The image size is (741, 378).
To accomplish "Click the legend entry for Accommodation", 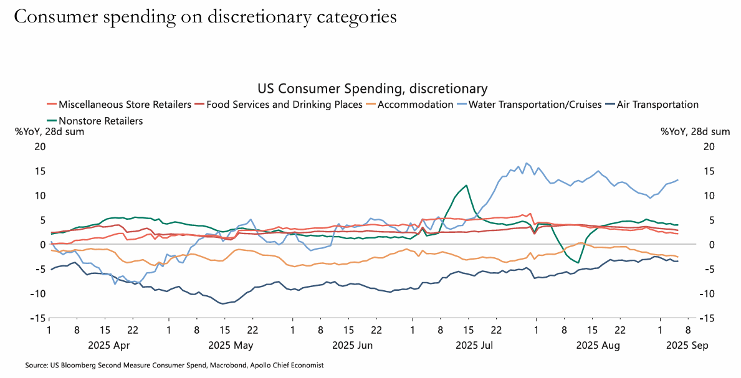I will [x=415, y=105].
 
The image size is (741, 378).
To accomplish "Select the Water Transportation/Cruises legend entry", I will [x=535, y=105].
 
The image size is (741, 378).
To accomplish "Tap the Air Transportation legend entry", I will [x=657, y=105].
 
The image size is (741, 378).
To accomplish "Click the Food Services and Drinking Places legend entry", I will [x=284, y=105].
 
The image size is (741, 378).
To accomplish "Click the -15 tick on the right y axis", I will [x=708, y=318].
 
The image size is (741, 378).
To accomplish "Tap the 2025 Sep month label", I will [x=688, y=344].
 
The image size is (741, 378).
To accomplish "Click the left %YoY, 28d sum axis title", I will [x=50, y=131].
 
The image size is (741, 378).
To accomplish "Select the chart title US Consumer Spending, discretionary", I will [x=372, y=88].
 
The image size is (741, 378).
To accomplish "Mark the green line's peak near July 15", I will [x=466, y=185].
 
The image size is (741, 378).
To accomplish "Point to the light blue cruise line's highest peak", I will [x=526, y=163].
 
